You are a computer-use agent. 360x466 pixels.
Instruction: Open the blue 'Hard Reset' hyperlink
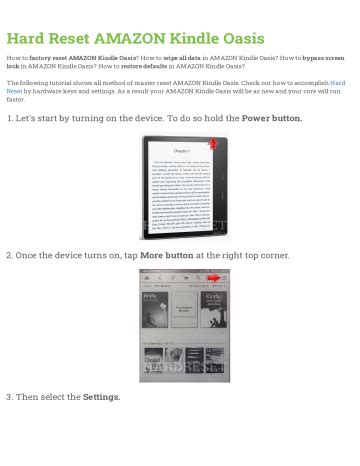(337, 83)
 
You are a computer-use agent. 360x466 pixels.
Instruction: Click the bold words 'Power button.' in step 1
(271, 118)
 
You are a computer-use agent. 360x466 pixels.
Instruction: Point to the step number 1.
(9, 118)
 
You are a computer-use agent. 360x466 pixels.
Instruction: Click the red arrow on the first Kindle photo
(211, 145)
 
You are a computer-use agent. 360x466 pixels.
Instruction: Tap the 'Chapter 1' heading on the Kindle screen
(179, 155)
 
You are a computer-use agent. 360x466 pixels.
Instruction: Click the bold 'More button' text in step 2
(166, 255)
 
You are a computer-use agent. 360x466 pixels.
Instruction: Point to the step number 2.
(9, 255)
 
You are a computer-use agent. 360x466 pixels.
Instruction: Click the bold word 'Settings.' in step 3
(101, 397)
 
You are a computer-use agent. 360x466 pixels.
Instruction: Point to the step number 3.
(9, 397)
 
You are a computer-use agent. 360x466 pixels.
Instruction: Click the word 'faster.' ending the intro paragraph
(16, 99)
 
